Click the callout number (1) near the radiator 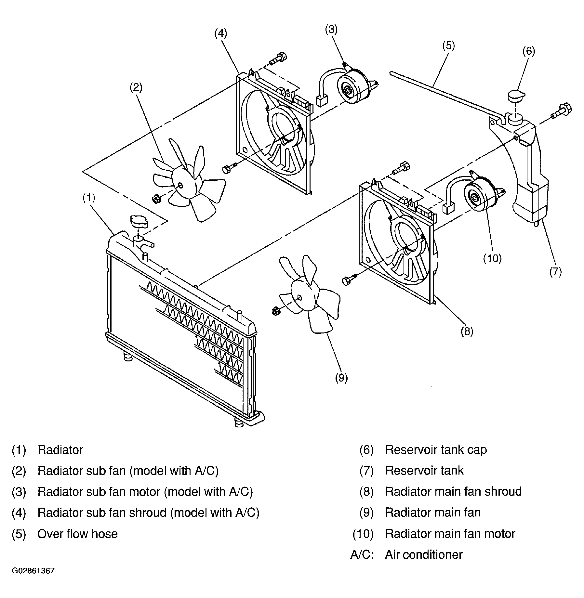[x=88, y=198]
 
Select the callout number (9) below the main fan [x=341, y=378]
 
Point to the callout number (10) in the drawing [x=492, y=258]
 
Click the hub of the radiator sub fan [x=180, y=186]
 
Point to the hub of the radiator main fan [x=299, y=297]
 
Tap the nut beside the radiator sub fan [x=157, y=198]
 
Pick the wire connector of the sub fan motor [x=321, y=101]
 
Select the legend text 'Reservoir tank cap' [x=436, y=450]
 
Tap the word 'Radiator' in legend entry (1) [x=60, y=450]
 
